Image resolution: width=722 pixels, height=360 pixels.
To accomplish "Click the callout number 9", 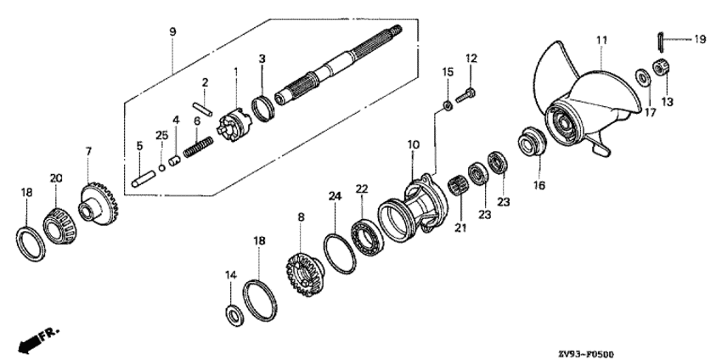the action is (172, 31).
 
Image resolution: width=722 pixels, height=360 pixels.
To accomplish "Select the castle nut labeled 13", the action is (661, 68).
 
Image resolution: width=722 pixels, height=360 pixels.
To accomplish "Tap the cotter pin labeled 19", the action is (660, 42).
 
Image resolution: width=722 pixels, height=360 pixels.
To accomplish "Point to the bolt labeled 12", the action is (465, 95).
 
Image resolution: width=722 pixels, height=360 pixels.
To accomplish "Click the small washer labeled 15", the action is (448, 106).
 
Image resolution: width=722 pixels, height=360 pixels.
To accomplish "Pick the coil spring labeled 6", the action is (199, 147).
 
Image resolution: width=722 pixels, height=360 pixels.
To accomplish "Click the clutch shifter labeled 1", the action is (234, 125).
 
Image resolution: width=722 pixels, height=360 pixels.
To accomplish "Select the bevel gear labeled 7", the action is (99, 204).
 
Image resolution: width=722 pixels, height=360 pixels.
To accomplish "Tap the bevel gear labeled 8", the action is (305, 274).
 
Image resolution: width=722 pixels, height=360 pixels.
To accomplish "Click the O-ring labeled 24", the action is (340, 254).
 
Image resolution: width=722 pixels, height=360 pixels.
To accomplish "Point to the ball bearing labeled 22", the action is (367, 238).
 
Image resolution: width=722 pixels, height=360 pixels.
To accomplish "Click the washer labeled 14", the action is (234, 315).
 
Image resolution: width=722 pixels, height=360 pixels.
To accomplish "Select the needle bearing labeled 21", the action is (456, 186).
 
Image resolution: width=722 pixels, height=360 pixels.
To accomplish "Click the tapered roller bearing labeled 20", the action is (59, 226).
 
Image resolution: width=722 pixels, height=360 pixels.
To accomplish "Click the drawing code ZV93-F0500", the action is (586, 354).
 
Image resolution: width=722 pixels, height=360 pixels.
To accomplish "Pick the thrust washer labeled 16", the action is (533, 141).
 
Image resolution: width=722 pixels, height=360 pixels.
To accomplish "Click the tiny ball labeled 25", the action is (161, 167).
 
